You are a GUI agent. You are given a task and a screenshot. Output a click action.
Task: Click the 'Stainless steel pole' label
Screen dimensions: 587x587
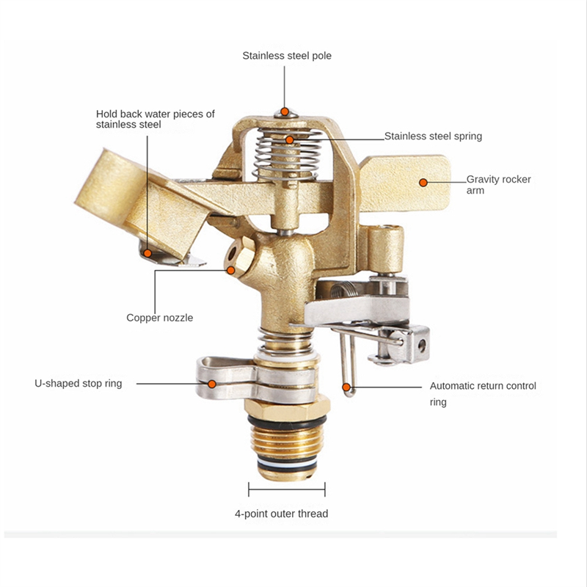pyautogui.click(x=287, y=56)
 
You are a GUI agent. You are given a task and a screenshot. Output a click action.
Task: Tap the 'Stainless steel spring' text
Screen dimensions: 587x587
pyautogui.click(x=433, y=136)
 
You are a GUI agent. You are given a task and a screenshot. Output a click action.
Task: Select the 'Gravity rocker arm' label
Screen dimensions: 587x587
pyautogui.click(x=499, y=185)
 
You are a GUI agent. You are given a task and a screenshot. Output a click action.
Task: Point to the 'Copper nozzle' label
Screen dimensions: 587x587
pyautogui.click(x=159, y=318)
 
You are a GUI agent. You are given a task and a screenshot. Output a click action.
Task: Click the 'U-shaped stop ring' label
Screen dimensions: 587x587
pyautogui.click(x=79, y=383)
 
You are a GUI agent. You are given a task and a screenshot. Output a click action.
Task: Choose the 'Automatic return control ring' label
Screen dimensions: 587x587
pyautogui.click(x=483, y=394)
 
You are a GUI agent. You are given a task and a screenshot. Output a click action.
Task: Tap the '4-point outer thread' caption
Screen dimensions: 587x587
pyautogui.click(x=282, y=514)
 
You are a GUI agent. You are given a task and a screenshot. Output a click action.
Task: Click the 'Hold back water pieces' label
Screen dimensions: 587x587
pyautogui.click(x=156, y=119)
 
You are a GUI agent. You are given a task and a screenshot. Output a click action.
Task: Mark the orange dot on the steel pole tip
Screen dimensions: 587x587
pyautogui.click(x=285, y=112)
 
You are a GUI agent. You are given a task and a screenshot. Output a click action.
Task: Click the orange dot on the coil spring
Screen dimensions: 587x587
pyautogui.click(x=289, y=140)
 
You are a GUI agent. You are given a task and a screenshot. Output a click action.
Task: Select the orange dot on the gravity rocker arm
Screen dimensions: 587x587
pyautogui.click(x=423, y=183)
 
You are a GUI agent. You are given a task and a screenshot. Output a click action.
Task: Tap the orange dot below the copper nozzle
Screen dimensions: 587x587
pyautogui.click(x=231, y=270)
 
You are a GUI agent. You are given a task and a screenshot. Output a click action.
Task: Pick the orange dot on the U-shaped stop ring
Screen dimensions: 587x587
pyautogui.click(x=212, y=384)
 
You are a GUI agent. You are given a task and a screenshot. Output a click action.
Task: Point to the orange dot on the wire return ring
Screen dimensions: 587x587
pyautogui.click(x=346, y=387)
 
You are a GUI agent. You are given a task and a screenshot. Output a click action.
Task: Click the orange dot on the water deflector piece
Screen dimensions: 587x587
pyautogui.click(x=148, y=253)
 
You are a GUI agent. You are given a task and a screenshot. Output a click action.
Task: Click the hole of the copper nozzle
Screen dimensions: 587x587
pyautogui.click(x=234, y=254)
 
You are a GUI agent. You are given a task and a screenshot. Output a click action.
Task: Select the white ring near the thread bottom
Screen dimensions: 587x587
pyautogui.click(x=287, y=466)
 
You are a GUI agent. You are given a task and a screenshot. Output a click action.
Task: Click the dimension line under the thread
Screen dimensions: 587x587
pyautogui.click(x=287, y=489)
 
